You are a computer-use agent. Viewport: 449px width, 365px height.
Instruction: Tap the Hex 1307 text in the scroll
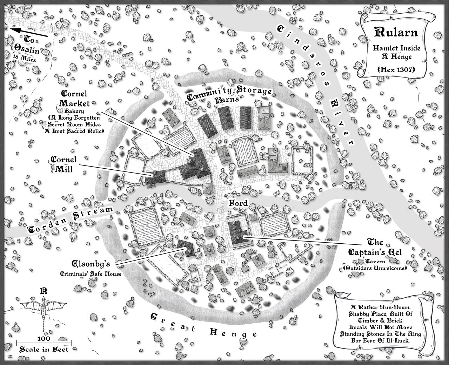point(396,70)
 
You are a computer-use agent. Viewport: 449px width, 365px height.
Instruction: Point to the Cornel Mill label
point(62,164)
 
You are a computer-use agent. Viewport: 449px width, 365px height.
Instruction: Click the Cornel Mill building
point(155,177)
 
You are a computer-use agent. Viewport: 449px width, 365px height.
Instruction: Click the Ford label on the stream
point(239,203)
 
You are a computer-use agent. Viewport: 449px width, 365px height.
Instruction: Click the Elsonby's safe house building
point(186,248)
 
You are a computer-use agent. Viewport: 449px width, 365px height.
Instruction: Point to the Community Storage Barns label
point(230,95)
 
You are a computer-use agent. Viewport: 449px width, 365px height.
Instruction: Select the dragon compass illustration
point(43,312)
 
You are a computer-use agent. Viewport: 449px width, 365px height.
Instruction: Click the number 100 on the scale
point(44,339)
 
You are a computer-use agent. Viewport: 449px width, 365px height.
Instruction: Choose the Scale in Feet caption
point(44,349)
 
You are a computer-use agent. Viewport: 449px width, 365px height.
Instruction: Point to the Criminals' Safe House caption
point(96,273)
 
